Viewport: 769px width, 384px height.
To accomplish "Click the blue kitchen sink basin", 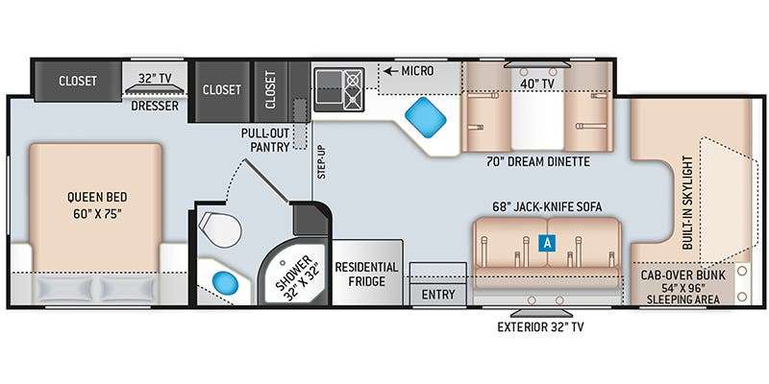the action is tap(425, 117).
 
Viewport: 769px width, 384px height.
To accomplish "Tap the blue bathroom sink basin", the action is tap(225, 282).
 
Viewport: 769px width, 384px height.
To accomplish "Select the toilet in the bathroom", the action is tap(220, 229).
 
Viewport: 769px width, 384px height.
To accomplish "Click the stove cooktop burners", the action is tap(353, 89).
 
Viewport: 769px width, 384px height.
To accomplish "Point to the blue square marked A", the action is tap(547, 243).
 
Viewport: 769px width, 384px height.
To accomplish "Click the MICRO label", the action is tap(417, 71).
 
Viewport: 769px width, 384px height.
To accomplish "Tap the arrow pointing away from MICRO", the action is tap(390, 71).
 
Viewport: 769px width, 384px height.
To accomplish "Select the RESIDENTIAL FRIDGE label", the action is tap(366, 275).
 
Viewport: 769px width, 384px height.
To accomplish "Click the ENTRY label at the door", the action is tap(438, 295).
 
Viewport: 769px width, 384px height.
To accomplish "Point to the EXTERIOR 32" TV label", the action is tap(540, 326).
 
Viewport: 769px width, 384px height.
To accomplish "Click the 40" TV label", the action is tap(538, 84).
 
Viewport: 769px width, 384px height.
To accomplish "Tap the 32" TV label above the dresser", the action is tap(155, 79).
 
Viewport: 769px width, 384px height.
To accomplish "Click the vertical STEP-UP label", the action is tap(322, 163).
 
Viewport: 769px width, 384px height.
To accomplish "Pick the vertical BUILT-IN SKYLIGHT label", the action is tap(688, 203).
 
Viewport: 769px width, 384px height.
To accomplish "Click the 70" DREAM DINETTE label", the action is tap(538, 161).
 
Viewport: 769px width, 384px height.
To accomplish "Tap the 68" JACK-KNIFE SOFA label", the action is tap(547, 206).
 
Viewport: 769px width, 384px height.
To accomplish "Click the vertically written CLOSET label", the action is tap(270, 89).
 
